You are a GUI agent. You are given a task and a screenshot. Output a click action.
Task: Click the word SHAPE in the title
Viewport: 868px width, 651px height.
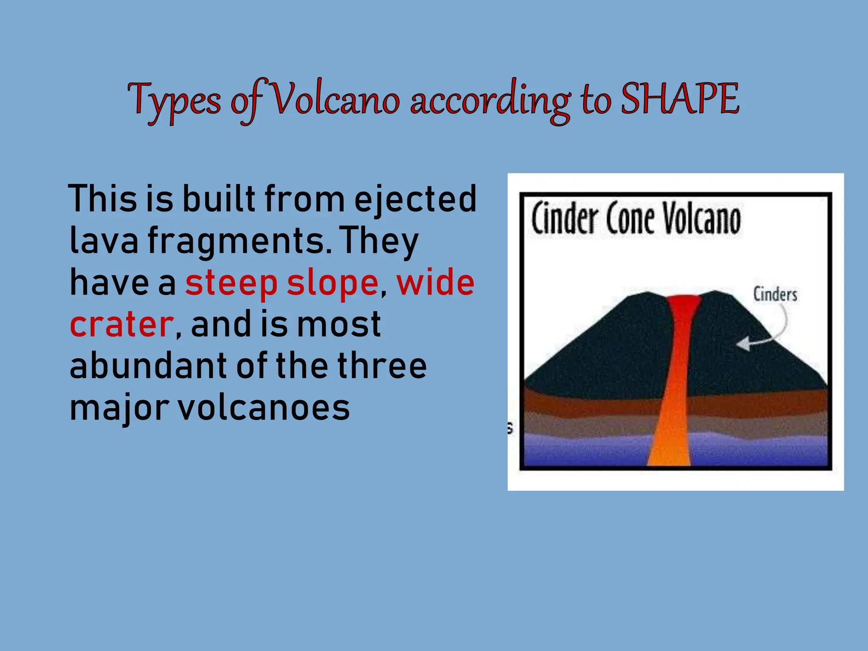tap(680, 99)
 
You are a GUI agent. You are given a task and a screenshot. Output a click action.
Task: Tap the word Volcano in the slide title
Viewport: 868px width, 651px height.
tap(335, 100)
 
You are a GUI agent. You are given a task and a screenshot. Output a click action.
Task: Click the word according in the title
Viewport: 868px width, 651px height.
tap(490, 101)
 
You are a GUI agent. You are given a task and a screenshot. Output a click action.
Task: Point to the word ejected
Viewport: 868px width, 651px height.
tap(415, 199)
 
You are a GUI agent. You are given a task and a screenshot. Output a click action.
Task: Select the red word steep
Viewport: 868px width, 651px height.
tap(231, 284)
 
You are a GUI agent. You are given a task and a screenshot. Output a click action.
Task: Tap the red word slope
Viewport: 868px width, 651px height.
tap(333, 284)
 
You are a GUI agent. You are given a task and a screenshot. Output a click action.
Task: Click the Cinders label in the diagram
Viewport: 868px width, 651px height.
tap(775, 294)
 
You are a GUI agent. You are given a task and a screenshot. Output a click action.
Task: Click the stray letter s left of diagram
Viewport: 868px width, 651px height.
tap(510, 428)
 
